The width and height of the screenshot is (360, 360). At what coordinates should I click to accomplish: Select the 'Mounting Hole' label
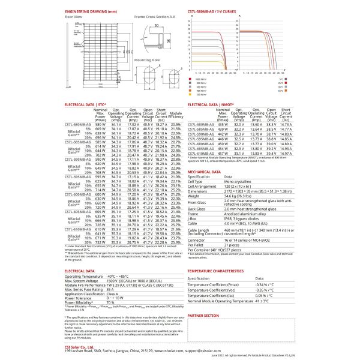pos(146,60)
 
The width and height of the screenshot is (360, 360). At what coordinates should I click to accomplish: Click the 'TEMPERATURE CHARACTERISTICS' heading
pos(220,271)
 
